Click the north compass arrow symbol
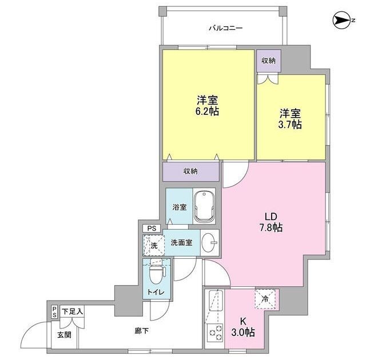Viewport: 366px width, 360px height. coord(342,21)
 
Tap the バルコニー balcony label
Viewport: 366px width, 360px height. coord(226,28)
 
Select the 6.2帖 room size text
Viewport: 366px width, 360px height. coord(207,111)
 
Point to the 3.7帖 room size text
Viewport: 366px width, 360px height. coord(290,125)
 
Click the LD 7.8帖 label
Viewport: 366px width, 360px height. coord(271,222)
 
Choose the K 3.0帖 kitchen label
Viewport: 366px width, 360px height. coord(243,327)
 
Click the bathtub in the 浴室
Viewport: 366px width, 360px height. coord(205,207)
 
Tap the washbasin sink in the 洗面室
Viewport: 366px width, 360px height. coord(209,242)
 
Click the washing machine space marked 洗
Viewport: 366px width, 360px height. coord(154,246)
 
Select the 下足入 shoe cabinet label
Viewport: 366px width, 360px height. coord(72,311)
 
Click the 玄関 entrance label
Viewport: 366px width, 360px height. coord(64,335)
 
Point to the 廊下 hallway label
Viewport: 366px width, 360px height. coord(142,331)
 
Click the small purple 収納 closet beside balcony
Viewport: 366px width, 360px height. coord(268,61)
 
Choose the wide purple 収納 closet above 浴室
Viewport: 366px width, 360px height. coord(190,171)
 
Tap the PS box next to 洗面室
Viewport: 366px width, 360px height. coord(152,228)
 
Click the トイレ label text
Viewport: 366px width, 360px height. coord(156,292)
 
